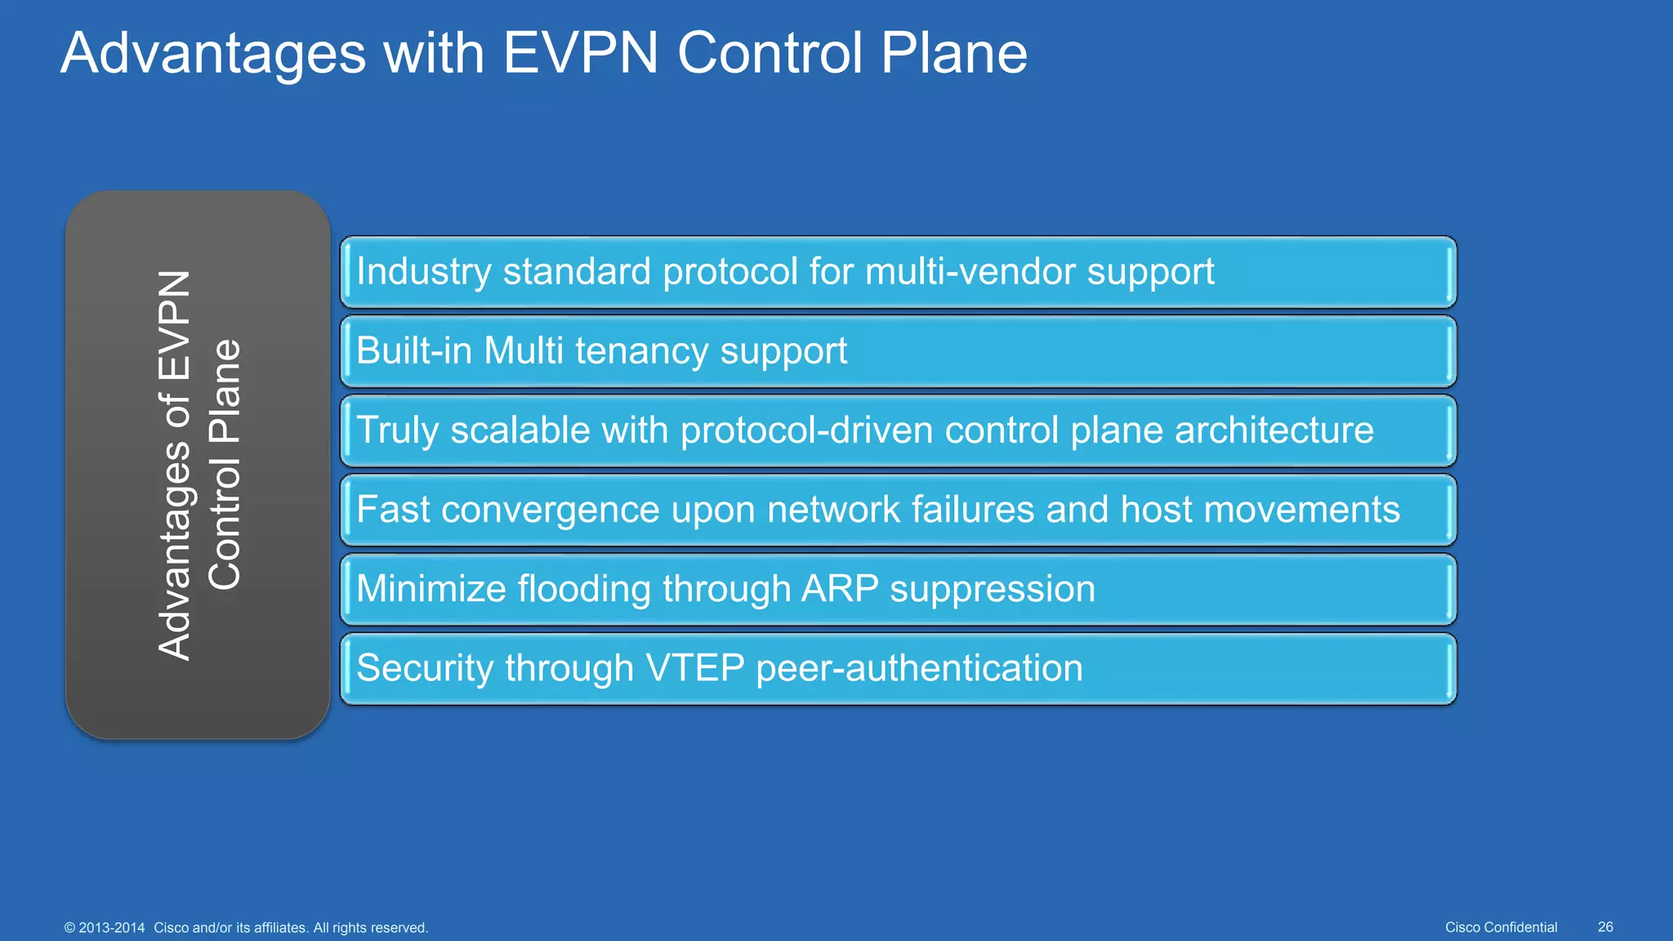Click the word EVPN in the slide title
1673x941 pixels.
click(580, 53)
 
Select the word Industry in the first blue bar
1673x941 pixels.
click(422, 272)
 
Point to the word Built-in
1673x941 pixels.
click(413, 351)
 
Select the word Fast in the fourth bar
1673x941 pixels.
click(393, 510)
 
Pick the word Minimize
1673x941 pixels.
click(431, 589)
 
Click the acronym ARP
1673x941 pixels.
click(840, 589)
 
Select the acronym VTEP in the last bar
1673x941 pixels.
click(695, 668)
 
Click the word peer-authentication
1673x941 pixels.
click(919, 668)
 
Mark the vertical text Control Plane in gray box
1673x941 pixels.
click(225, 464)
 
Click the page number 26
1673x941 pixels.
click(1605, 927)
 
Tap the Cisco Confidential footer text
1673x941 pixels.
click(1501, 927)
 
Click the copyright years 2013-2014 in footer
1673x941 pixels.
click(112, 928)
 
